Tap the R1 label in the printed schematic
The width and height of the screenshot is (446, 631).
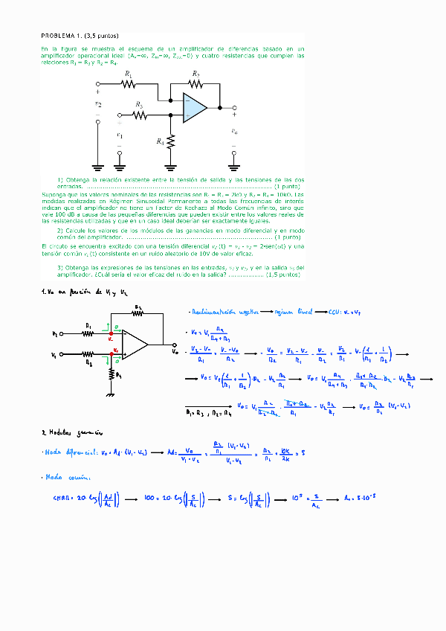pos(129,75)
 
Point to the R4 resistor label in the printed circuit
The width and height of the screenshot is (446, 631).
pos(160,141)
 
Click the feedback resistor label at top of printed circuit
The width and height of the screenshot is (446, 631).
pos(195,74)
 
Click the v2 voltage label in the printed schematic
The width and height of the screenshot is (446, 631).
pos(98,105)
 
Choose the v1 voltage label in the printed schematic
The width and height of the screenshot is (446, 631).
pos(119,135)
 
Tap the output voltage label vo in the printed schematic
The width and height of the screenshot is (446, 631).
pos(234,132)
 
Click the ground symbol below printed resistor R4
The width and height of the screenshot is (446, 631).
pos(171,167)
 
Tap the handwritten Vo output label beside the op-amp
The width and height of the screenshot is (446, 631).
pos(175,351)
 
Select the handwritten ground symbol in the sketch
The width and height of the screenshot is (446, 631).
pos(109,395)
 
